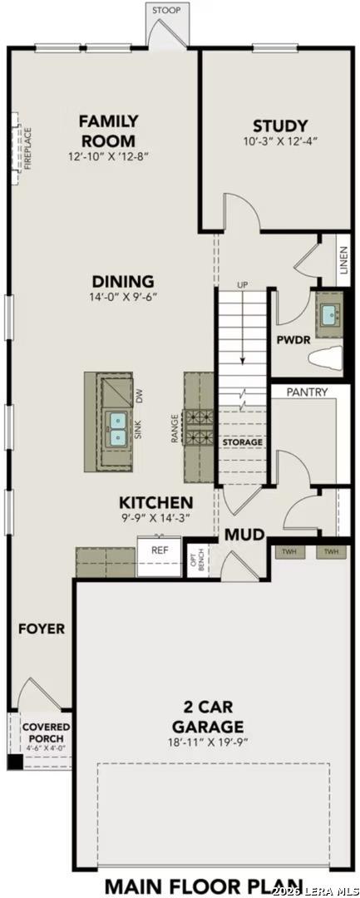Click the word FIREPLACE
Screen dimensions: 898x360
coord(27,148)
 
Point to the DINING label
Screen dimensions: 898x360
coord(123,281)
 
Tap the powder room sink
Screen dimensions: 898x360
coord(330,314)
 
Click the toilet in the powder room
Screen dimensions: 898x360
coord(327,358)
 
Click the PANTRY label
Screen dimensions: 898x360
coord(306,392)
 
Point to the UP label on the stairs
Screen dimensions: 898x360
coord(243,285)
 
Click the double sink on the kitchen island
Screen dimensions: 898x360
coord(116,429)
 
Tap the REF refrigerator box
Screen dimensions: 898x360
coord(159,550)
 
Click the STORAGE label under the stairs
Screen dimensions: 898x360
coord(242,442)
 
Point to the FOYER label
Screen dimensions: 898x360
coord(42,629)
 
